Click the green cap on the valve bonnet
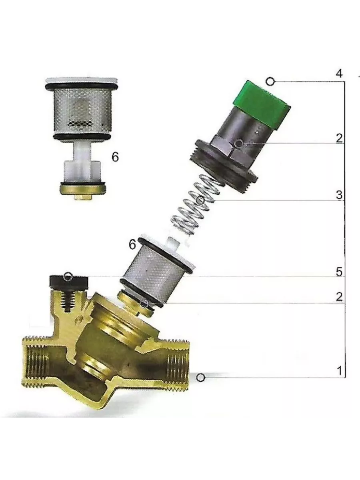[262, 105]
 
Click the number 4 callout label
[339, 74]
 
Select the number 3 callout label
[339, 195]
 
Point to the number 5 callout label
[339, 272]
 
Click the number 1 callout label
[340, 371]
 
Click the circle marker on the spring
[201, 200]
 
